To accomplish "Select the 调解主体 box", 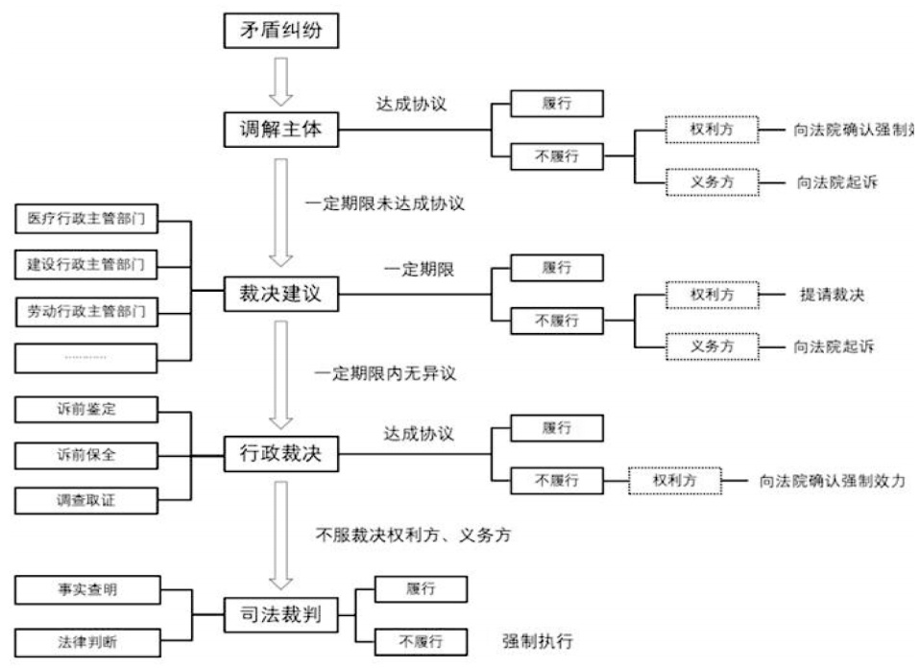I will (x=281, y=129).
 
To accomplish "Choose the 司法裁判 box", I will (x=281, y=615).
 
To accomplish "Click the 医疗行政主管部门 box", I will (x=86, y=220).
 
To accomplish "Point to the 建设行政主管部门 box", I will (x=86, y=264).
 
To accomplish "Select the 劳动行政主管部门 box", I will (x=86, y=310).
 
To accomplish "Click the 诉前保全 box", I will (x=86, y=454).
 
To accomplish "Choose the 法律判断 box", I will (x=86, y=638).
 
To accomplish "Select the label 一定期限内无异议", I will (x=384, y=373).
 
